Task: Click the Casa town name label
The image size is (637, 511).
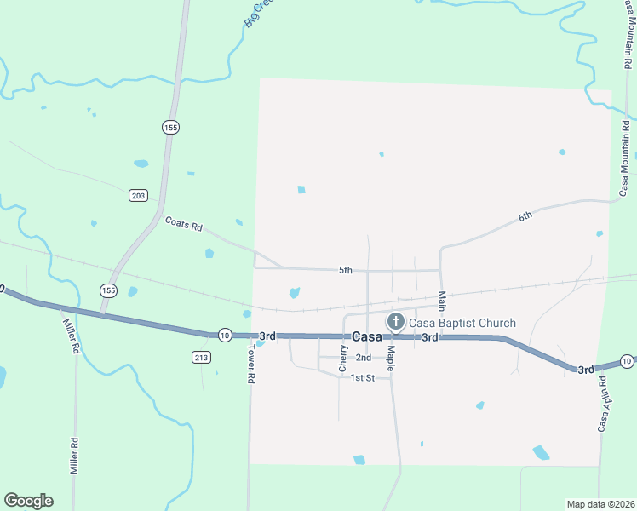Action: [x=367, y=336]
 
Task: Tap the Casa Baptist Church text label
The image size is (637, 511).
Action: [x=462, y=323]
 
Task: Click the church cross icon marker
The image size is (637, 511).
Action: [x=395, y=322]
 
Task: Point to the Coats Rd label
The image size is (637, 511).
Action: [x=184, y=227]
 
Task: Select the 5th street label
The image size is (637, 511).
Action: [x=345, y=270]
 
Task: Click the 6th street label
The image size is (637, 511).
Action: [x=525, y=216]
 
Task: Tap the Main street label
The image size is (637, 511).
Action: [x=442, y=301]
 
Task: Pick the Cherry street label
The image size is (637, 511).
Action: [x=343, y=359]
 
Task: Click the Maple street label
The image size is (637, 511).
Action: [x=390, y=357]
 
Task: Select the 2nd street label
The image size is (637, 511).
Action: [x=364, y=358]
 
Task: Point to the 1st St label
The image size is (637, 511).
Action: [x=363, y=377]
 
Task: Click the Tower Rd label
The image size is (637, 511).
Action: [x=252, y=365]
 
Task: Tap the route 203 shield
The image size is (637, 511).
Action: [x=139, y=196]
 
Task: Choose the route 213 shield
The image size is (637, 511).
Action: [x=201, y=357]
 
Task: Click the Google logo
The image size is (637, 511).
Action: [x=28, y=501]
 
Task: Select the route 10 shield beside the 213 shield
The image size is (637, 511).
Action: [x=224, y=335]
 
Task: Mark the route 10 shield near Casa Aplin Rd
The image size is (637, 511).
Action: [x=627, y=362]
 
